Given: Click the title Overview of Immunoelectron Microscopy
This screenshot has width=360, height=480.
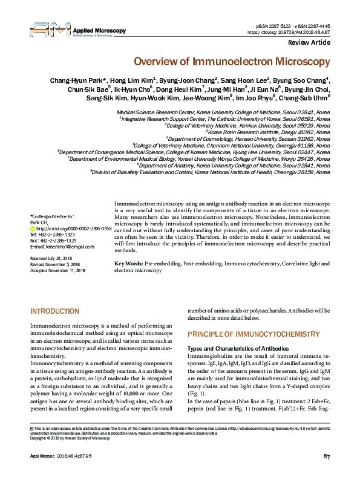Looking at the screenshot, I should point(232,62).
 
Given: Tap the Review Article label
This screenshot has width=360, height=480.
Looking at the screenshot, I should point(309,43).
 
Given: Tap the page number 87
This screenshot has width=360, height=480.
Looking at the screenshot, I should point(326,472).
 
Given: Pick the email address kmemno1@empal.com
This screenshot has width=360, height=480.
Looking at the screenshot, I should point(56,247).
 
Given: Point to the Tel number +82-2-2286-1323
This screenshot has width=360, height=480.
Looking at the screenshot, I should point(53,235).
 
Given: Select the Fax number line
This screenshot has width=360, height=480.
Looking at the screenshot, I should point(53,241).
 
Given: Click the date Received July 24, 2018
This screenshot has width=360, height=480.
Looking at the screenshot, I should point(56,258).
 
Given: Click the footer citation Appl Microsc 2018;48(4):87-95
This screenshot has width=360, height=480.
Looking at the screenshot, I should point(62,472).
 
